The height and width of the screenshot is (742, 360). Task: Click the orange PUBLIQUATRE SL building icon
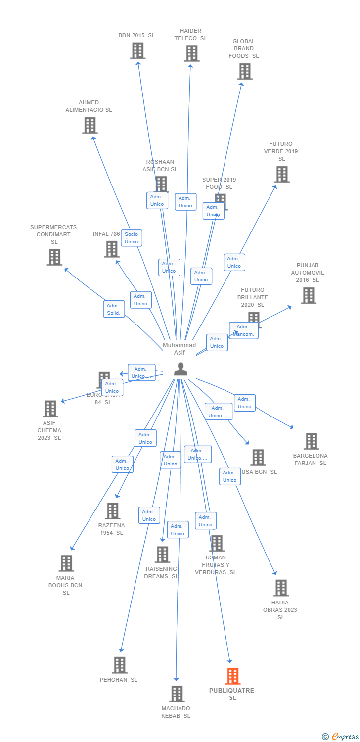(x=232, y=676)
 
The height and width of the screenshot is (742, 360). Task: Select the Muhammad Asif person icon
(x=180, y=369)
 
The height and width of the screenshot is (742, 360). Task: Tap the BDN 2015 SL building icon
(x=137, y=50)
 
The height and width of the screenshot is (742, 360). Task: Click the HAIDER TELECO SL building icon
(x=191, y=53)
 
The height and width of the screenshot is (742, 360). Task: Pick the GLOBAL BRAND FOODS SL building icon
(x=244, y=71)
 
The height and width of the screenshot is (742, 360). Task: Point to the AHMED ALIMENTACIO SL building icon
(x=90, y=125)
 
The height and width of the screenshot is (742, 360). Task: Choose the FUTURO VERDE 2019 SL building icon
(x=281, y=174)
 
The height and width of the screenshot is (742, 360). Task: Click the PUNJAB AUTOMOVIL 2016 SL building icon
(x=308, y=295)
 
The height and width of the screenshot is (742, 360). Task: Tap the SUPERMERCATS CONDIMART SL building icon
(x=54, y=257)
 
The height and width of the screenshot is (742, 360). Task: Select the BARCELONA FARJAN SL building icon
(x=311, y=441)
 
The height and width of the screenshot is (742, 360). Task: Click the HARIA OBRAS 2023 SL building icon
(x=281, y=588)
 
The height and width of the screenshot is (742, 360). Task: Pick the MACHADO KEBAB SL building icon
(x=177, y=694)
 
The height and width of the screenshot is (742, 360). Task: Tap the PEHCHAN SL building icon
(x=119, y=665)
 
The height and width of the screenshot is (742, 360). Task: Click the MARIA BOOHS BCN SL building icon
(x=66, y=563)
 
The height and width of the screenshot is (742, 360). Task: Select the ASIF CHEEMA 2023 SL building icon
(x=50, y=409)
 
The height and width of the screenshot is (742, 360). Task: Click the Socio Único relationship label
(x=132, y=238)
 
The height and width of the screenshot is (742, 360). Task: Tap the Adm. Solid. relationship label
(x=114, y=309)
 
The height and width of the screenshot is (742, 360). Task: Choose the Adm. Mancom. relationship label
(x=243, y=330)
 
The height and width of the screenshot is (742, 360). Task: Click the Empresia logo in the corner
(x=341, y=737)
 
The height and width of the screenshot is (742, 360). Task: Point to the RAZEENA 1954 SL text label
(x=111, y=529)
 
